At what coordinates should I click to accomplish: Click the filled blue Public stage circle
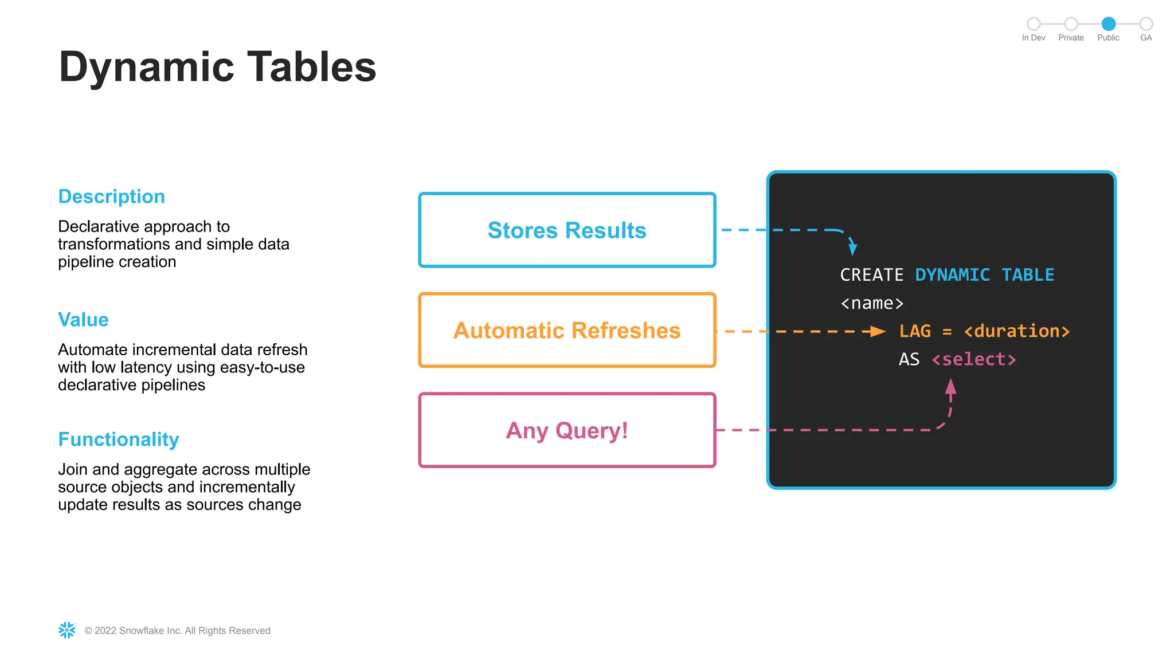click(1108, 23)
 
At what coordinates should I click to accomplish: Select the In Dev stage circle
click(1034, 23)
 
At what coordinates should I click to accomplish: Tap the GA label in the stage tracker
click(1145, 38)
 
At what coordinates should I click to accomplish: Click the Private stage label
click(1071, 38)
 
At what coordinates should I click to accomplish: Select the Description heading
click(112, 197)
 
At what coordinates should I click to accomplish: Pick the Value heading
click(83, 320)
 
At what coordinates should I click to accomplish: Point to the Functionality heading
click(119, 439)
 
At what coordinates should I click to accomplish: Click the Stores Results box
click(567, 230)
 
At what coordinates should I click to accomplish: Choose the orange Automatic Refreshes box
click(567, 330)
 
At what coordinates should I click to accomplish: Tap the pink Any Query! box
click(567, 430)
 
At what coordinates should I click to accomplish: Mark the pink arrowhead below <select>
click(950, 387)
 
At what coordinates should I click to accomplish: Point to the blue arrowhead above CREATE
click(852, 248)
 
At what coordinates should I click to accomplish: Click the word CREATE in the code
click(871, 275)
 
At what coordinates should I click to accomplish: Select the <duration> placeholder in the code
click(1016, 331)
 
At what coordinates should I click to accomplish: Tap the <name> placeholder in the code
click(871, 303)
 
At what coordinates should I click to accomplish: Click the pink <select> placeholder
click(973, 359)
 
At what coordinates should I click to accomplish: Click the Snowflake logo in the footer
click(67, 630)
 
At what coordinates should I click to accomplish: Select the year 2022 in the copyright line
click(105, 631)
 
